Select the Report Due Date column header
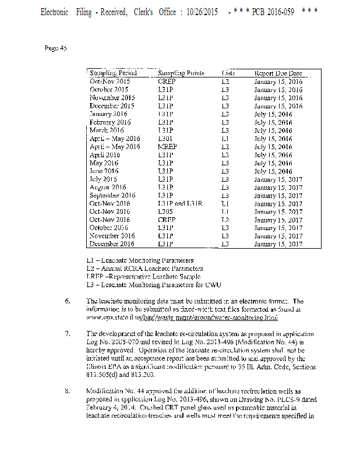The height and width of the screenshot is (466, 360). [x=278, y=73]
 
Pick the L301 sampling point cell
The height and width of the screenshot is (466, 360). [x=165, y=139]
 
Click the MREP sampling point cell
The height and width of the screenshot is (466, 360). [x=167, y=147]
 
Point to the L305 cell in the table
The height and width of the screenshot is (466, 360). [x=165, y=211]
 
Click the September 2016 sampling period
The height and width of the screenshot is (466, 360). [x=112, y=195]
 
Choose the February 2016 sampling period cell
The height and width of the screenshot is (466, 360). [x=110, y=122]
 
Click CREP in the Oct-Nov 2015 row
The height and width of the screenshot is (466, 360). [x=167, y=82]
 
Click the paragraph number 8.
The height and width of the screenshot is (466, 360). [x=68, y=389]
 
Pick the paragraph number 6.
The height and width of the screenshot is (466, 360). [x=68, y=301]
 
